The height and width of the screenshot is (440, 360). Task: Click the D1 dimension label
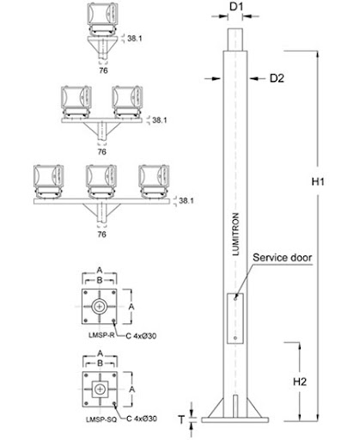tap(236, 7)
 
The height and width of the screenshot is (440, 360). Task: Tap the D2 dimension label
tap(277, 78)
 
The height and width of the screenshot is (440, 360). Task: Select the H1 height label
tap(318, 181)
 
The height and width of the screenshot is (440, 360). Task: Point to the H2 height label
tap(300, 382)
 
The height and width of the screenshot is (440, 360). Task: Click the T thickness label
tap(181, 419)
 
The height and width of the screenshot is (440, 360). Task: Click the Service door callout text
tap(282, 258)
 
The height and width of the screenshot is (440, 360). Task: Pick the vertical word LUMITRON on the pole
tap(235, 234)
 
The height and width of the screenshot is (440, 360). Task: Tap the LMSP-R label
tap(101, 335)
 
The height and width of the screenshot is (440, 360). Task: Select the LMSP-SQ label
tap(101, 419)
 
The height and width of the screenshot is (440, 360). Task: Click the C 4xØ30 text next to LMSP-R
tap(141, 336)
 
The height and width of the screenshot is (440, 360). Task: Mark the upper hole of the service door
tap(235, 298)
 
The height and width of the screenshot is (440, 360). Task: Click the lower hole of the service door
tap(235, 338)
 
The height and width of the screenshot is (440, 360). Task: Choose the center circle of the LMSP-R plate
tap(100, 307)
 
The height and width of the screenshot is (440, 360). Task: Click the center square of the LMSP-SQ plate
tap(100, 389)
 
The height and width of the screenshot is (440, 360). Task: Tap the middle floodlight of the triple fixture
tap(101, 181)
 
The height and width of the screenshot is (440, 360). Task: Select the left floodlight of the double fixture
tap(76, 102)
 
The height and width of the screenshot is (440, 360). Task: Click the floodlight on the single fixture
tap(102, 20)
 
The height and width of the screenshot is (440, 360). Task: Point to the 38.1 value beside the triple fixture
tap(186, 200)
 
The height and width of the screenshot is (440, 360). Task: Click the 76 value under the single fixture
tap(103, 70)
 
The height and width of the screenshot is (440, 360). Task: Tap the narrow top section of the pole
tap(235, 40)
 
